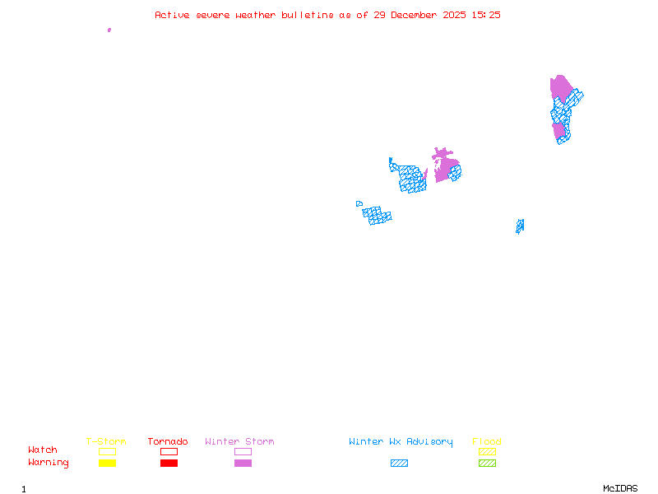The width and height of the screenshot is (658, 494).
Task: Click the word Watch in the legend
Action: click(43, 450)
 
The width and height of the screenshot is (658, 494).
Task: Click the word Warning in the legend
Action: click(49, 463)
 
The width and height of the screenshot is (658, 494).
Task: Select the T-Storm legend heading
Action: click(106, 442)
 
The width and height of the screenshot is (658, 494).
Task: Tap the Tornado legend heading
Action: click(168, 442)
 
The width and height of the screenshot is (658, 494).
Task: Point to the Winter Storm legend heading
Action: click(239, 442)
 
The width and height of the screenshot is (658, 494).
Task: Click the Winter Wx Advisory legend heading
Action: click(401, 442)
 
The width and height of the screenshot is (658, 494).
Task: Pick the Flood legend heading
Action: click(487, 442)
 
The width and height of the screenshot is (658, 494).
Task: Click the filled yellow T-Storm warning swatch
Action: click(107, 464)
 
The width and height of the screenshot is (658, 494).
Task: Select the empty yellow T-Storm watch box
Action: click(107, 451)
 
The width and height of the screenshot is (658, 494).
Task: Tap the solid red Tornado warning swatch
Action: click(169, 464)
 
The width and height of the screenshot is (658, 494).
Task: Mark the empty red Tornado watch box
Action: click(169, 451)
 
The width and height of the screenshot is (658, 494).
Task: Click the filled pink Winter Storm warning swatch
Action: click(243, 464)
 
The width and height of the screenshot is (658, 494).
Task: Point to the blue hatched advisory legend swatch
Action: click(399, 464)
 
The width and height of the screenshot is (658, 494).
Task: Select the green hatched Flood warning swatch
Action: click(487, 464)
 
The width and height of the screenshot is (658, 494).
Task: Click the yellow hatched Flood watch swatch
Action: click(487, 451)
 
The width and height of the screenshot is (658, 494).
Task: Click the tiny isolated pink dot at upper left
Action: click(109, 30)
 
